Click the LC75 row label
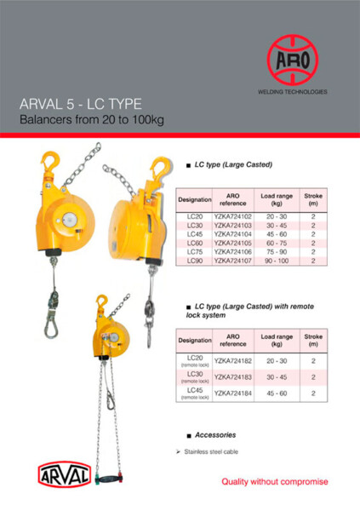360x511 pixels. (193, 251)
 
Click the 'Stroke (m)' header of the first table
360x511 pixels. (312, 200)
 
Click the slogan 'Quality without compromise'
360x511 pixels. (274, 482)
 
